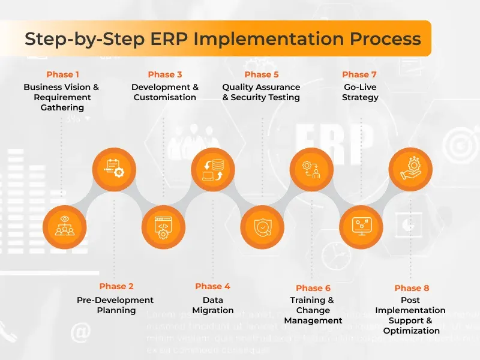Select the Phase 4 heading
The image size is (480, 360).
coord(212,286)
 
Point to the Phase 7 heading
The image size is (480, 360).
coord(359,74)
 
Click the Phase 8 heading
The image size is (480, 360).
coord(412,288)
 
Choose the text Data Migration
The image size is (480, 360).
coord(212,305)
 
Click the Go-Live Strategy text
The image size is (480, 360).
coord(360,92)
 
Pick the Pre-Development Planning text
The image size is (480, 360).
coord(115,305)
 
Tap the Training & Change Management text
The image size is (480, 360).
coord(313,310)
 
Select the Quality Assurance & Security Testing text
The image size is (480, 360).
coord(261,92)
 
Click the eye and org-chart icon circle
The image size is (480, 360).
coord(65,227)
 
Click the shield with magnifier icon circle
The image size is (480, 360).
coord(262,227)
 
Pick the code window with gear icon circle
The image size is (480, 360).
coord(163,227)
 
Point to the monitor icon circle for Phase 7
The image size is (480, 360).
coord(361,227)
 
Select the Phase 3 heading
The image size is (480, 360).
coord(165,74)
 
